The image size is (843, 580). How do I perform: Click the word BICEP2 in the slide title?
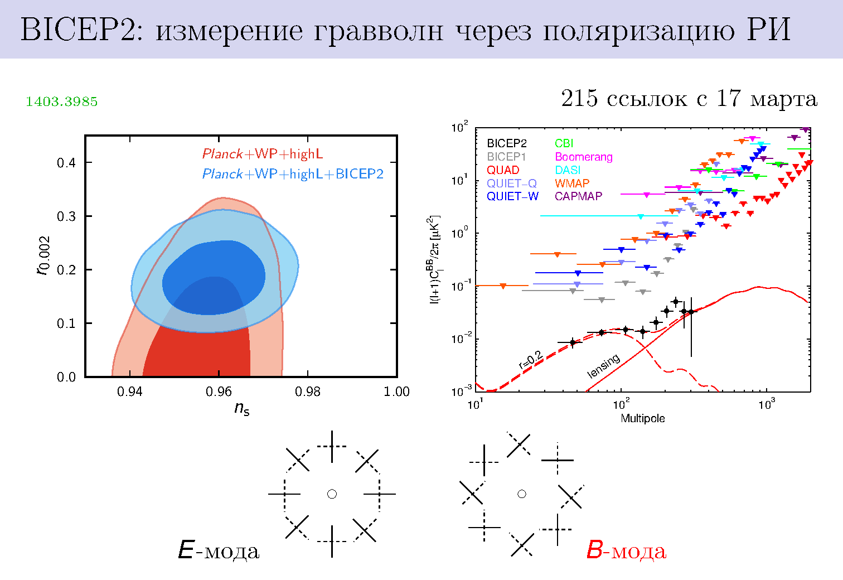77,31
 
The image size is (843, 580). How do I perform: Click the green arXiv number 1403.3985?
61,101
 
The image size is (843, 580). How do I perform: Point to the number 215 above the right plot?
579,99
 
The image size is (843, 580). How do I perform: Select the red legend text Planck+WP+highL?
262,154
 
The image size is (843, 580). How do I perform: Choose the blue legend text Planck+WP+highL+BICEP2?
293,174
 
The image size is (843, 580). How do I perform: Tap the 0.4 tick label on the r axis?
66,163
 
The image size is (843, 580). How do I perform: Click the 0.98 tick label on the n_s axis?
307,392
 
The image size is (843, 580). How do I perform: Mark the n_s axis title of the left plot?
241,409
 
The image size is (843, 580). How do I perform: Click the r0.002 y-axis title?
43,256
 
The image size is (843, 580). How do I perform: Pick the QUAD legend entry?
503,170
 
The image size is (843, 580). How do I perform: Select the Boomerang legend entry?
583,157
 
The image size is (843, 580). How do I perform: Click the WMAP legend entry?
571,183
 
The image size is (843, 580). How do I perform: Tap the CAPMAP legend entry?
578,196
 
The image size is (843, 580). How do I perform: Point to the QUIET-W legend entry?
512,196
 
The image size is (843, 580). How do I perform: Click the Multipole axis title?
642,418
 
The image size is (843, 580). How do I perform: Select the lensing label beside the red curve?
603,366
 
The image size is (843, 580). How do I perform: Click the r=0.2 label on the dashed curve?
530,360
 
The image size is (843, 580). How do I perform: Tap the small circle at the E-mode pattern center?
332,494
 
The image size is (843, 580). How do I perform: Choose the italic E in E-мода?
186,551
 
